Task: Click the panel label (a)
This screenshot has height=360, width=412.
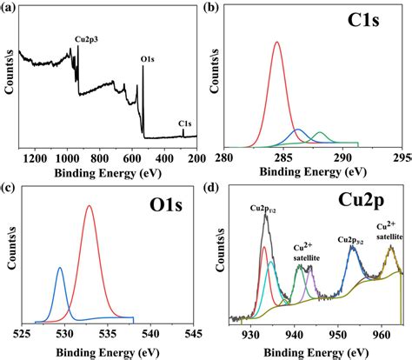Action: [9, 8]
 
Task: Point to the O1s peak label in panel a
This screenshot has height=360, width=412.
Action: [148, 62]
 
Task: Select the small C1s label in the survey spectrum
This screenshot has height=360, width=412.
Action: [185, 123]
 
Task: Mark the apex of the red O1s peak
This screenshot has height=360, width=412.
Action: [90, 206]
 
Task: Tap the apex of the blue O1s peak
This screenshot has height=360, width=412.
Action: [60, 268]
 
